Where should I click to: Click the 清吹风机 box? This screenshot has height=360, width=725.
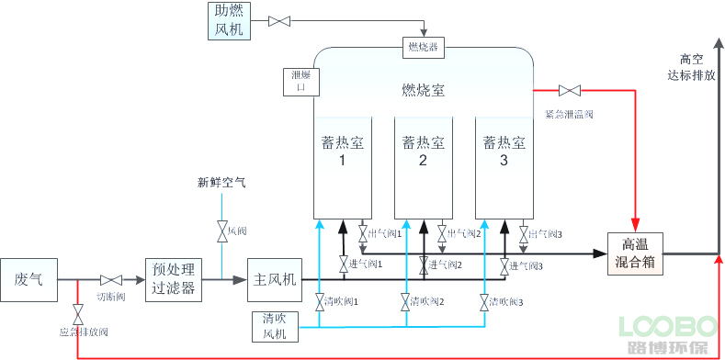point(275,326)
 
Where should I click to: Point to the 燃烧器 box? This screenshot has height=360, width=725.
point(423,45)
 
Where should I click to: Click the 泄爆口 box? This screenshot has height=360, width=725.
point(300,82)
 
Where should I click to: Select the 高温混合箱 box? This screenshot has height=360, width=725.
point(635,253)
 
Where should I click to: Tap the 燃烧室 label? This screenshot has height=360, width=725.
point(423,90)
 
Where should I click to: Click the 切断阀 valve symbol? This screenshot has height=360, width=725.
point(111,279)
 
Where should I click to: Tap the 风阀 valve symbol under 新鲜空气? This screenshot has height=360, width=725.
point(221,231)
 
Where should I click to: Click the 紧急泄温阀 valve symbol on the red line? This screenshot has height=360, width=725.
point(570,90)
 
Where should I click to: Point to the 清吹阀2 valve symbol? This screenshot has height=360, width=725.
point(405,301)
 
